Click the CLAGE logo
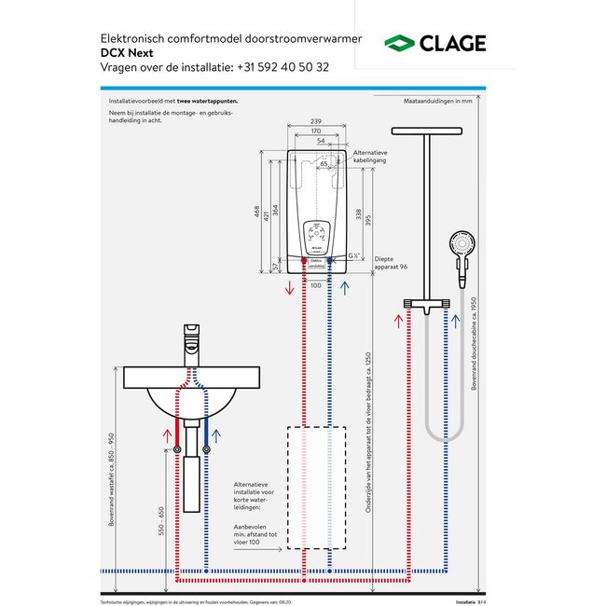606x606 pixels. (435, 44)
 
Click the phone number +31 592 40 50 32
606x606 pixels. (277, 67)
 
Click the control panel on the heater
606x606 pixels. (315, 234)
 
